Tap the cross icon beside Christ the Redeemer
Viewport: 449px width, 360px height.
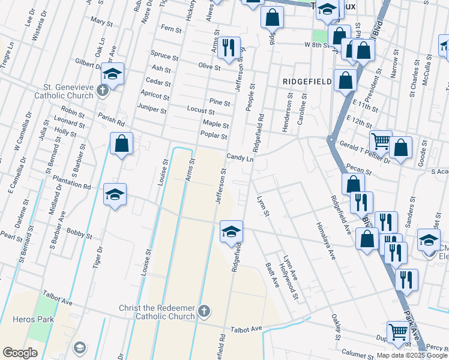204,311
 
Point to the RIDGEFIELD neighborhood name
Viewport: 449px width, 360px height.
308,80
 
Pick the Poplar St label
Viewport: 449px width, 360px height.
215,136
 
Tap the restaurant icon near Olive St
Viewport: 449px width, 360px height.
228,48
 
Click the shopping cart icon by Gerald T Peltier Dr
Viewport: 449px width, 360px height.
381,142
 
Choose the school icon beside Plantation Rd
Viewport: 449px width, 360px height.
115,194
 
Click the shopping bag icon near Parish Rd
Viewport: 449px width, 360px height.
122,143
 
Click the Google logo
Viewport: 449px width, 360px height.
20,353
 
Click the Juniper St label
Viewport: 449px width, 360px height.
152,110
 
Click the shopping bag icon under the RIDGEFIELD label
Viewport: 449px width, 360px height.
345,80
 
